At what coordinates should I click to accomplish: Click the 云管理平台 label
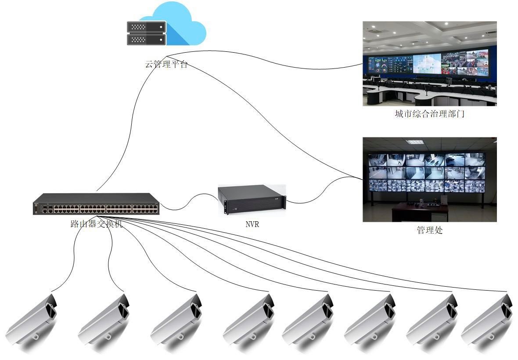166,64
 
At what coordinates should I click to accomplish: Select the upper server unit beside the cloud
146,27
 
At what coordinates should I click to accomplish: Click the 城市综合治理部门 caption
429,114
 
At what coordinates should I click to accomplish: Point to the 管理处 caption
429,230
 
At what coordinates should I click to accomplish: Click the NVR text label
252,224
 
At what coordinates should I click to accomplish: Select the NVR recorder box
252,199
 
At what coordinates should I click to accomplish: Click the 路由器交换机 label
97,223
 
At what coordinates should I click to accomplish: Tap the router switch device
96,204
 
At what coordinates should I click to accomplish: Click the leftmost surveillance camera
31,319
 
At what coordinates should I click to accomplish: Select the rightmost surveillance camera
487,319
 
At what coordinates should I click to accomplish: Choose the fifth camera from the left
308,319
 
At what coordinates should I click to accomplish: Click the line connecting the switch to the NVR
188,202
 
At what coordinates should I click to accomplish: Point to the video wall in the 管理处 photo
427,173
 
